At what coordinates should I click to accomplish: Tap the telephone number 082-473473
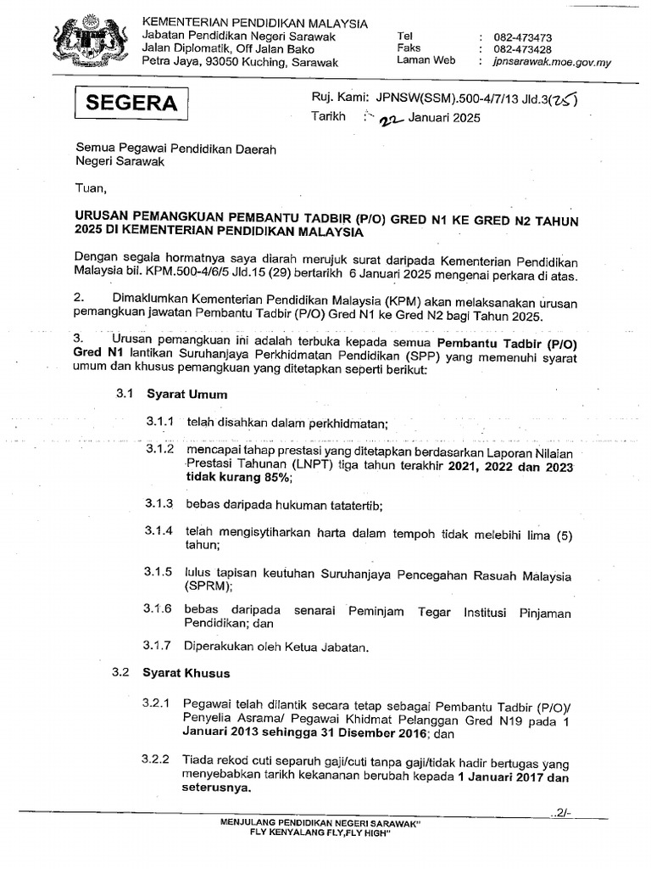(527, 37)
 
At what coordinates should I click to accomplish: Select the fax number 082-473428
(527, 49)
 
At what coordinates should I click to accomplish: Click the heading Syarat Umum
(186, 395)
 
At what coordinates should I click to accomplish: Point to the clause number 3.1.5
(159, 572)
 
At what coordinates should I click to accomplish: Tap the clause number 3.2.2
(156, 759)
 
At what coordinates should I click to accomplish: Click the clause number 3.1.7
(159, 647)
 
